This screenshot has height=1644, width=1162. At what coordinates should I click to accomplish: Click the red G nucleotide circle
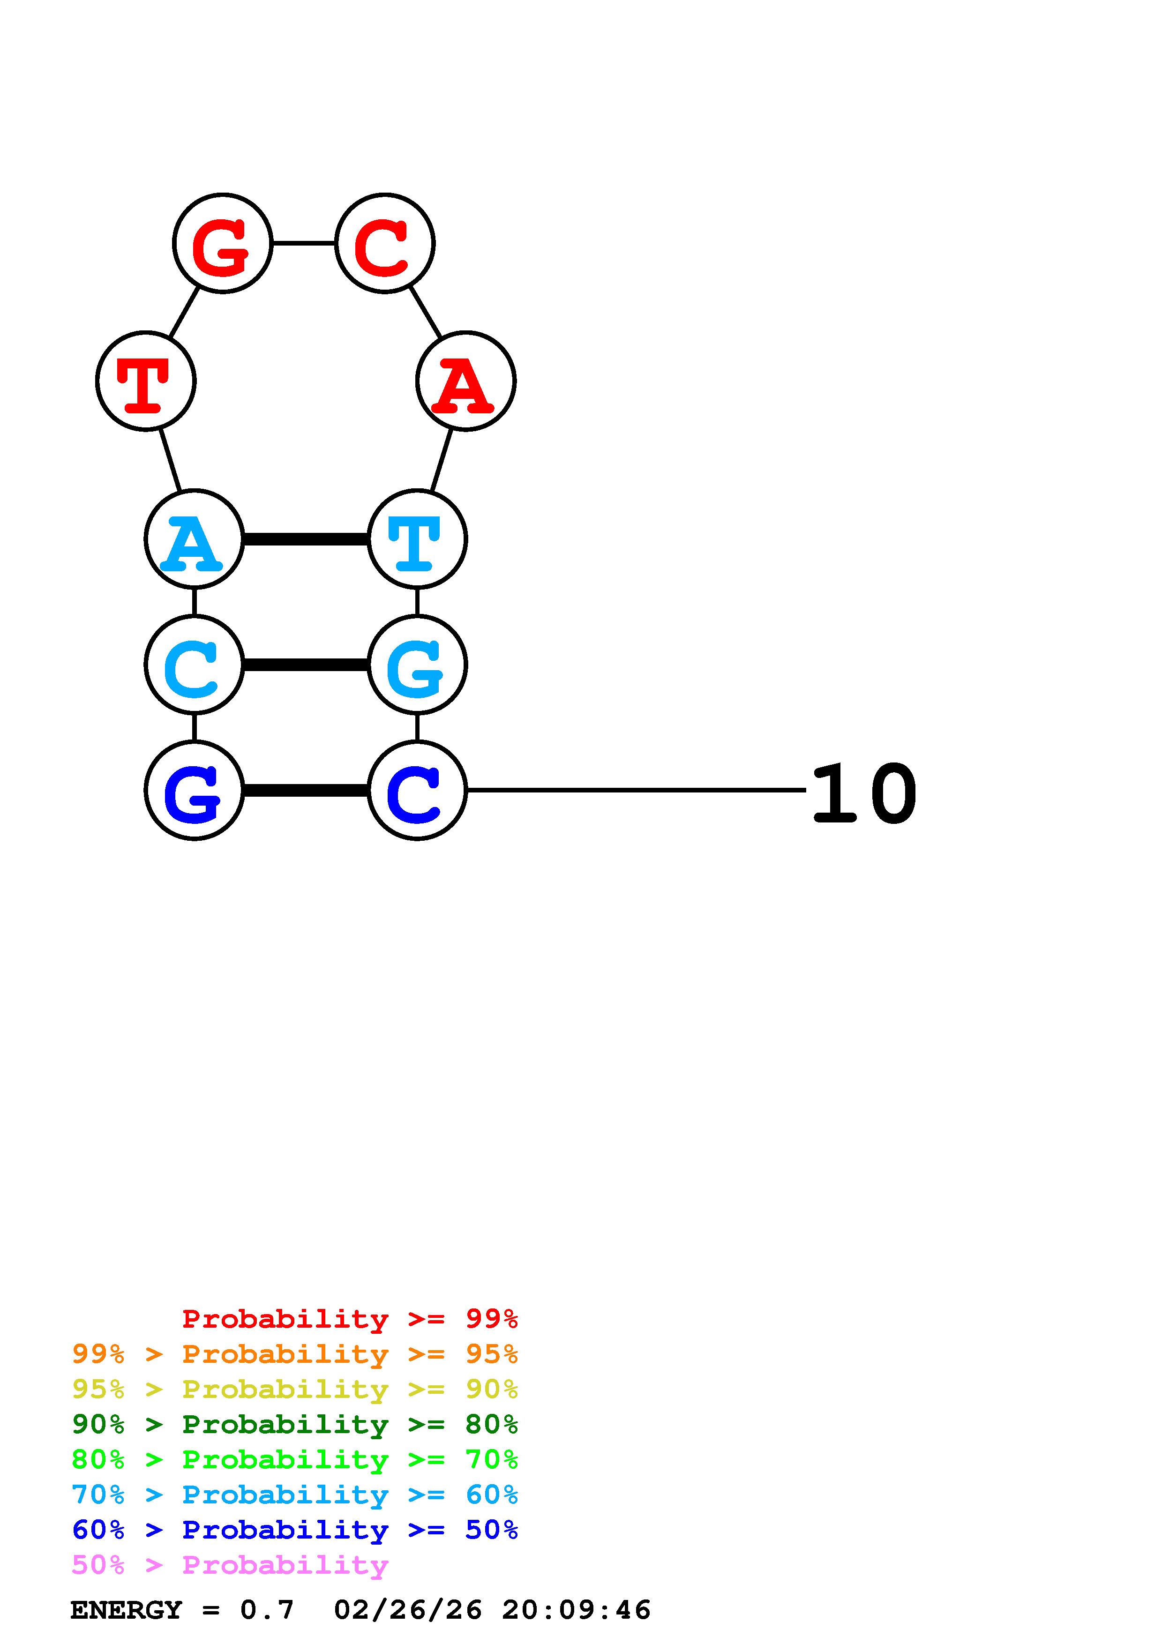(x=223, y=243)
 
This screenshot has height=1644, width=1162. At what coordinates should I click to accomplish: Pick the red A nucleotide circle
(x=465, y=381)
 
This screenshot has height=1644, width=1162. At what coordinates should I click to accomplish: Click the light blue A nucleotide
(x=194, y=539)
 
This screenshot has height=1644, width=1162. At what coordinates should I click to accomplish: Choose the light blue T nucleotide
(x=417, y=539)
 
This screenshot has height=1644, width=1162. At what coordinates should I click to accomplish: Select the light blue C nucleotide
(x=194, y=665)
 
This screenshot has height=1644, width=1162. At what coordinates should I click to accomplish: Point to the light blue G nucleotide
(x=417, y=665)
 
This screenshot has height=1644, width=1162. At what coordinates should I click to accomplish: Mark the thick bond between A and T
(x=306, y=539)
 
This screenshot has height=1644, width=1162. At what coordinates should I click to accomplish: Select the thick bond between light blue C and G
(x=306, y=665)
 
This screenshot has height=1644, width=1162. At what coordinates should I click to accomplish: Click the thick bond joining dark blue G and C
(x=306, y=791)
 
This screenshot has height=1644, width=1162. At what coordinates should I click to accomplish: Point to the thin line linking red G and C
(x=304, y=243)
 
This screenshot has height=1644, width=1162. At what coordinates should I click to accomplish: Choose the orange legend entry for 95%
(x=294, y=1354)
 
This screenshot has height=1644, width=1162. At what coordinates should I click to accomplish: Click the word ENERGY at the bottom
(x=126, y=1610)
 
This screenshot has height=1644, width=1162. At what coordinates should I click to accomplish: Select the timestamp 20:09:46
(x=577, y=1610)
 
